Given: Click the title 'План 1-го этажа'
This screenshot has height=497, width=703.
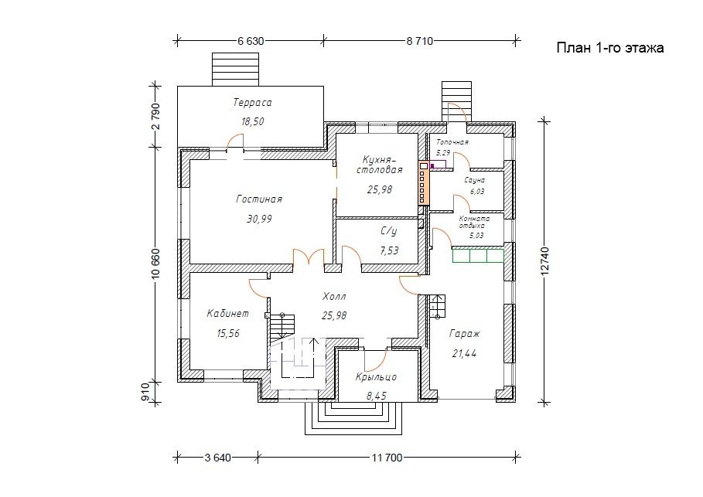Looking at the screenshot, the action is pyautogui.click(x=609, y=48).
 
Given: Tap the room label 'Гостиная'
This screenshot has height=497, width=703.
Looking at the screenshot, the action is pyautogui.click(x=259, y=199).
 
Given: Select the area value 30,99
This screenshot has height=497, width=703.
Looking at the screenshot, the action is pyautogui.click(x=259, y=220).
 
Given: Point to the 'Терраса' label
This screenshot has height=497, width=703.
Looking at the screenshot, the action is pyautogui.click(x=252, y=103).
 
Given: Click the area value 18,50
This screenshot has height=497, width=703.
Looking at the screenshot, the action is pyautogui.click(x=252, y=121).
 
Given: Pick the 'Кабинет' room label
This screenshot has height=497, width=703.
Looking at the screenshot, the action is pyautogui.click(x=227, y=314).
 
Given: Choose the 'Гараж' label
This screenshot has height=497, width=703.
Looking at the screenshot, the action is pyautogui.click(x=465, y=333).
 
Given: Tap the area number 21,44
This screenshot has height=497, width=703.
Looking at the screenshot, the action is pyautogui.click(x=464, y=353).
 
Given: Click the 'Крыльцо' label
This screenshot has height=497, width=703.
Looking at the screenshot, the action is pyautogui.click(x=376, y=377).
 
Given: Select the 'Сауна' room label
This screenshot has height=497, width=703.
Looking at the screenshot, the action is pyautogui.click(x=475, y=180).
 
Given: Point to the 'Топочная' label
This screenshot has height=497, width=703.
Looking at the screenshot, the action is pyautogui.click(x=452, y=142).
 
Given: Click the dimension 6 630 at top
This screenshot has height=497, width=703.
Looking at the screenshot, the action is pyautogui.click(x=251, y=41).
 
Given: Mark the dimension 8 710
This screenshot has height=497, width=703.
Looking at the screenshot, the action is pyautogui.click(x=420, y=41).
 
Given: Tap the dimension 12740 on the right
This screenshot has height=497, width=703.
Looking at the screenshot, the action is pyautogui.click(x=544, y=260).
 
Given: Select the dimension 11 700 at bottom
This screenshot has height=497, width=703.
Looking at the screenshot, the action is pyautogui.click(x=387, y=458).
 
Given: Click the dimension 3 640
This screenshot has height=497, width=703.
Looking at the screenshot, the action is pyautogui.click(x=218, y=458).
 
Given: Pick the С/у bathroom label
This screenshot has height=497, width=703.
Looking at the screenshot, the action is pyautogui.click(x=389, y=231).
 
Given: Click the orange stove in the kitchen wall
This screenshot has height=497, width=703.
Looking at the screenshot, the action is pyautogui.click(x=423, y=183).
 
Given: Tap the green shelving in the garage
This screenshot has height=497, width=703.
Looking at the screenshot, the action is pyautogui.click(x=478, y=254).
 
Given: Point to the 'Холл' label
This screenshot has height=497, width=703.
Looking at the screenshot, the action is pyautogui.click(x=334, y=297).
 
